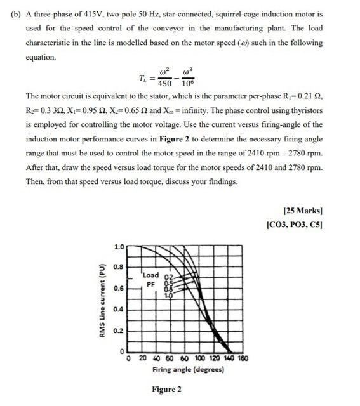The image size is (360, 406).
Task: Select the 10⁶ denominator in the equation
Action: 189,84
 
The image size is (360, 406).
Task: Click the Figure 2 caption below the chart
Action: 166,389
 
